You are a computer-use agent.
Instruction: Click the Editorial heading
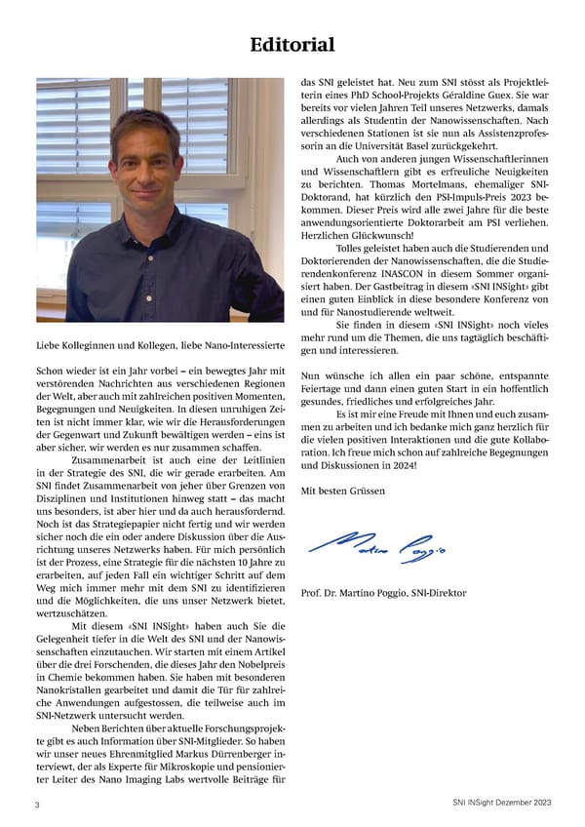pyautogui.click(x=292, y=45)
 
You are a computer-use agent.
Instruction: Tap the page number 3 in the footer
pyautogui.click(x=37, y=805)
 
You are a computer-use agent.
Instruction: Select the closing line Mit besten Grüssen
pyautogui.click(x=343, y=490)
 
